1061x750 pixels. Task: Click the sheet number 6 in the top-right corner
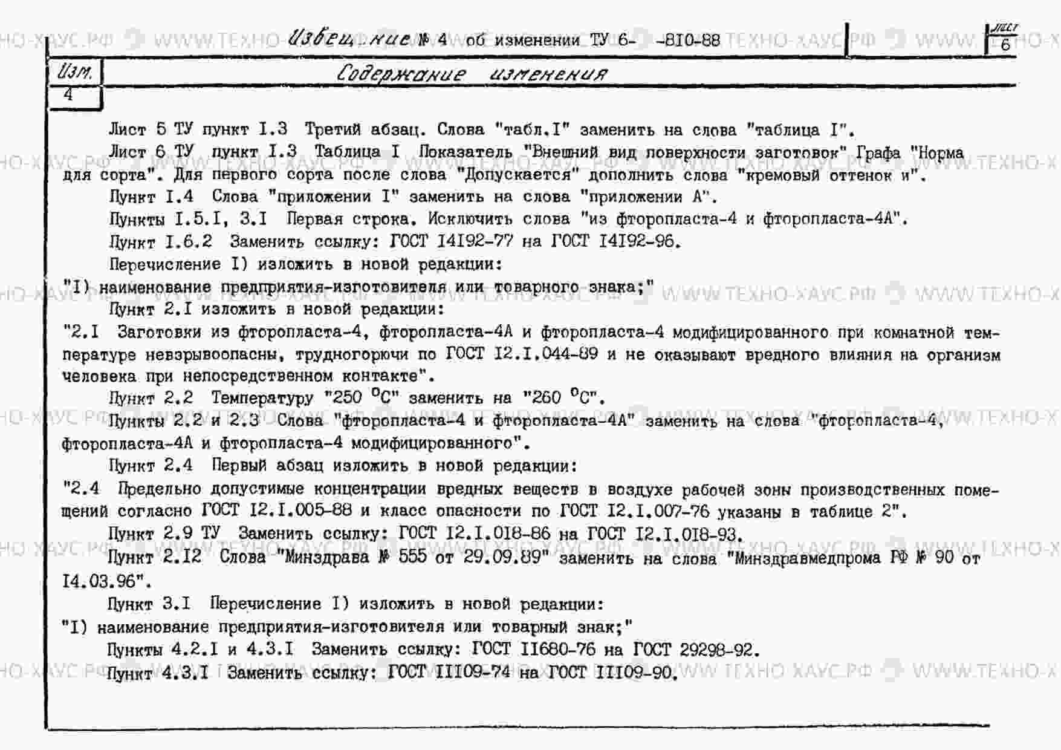[1005, 44]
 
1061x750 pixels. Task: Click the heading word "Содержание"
[401, 74]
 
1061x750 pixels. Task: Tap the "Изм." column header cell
[75, 73]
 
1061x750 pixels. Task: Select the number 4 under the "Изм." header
[68, 94]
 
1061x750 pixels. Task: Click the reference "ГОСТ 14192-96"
[615, 241]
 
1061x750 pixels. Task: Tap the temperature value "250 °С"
[360, 397]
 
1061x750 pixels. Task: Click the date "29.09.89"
[501, 556]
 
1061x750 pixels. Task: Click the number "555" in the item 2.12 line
[412, 556]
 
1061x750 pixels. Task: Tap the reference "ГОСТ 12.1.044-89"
[521, 353]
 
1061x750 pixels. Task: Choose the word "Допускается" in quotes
[518, 175]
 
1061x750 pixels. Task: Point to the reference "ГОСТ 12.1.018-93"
[664, 534]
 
